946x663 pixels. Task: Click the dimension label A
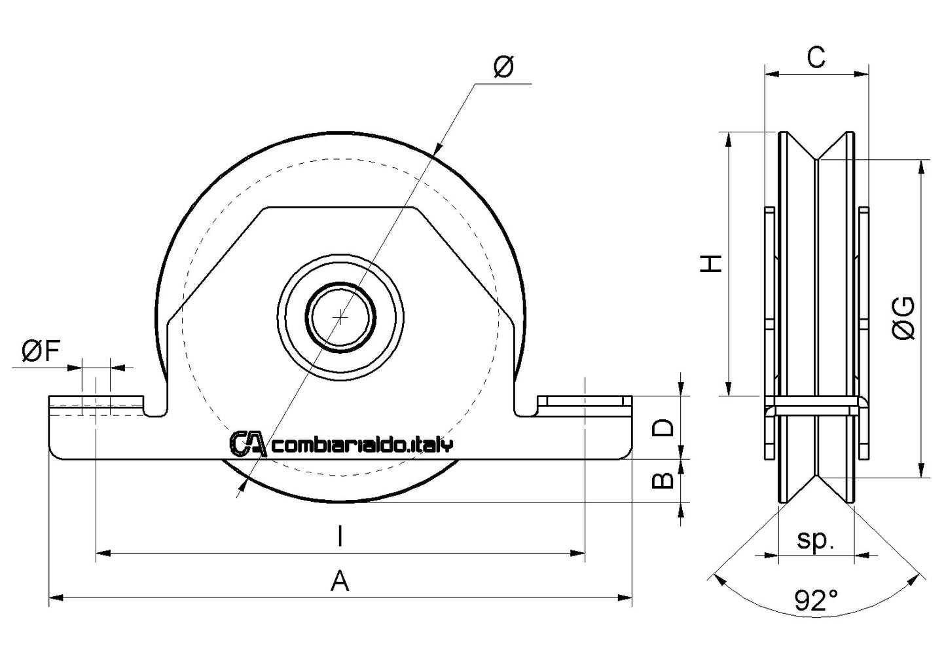(x=339, y=580)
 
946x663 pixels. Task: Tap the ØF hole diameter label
(x=41, y=352)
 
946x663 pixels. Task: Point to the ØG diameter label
(x=904, y=318)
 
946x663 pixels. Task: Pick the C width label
(x=816, y=58)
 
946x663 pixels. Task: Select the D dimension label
(x=663, y=428)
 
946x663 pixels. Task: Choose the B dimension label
(x=663, y=480)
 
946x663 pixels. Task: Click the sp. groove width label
(x=816, y=540)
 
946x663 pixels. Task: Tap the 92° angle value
(x=816, y=600)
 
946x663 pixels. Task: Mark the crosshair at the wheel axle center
(x=340, y=317)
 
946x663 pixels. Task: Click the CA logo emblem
(x=247, y=444)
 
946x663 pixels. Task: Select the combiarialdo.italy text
(x=361, y=445)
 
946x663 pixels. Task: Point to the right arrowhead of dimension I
(x=579, y=554)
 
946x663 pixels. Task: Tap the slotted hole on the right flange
(x=583, y=401)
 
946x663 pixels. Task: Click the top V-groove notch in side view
(x=816, y=157)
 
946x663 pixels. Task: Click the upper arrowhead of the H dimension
(x=727, y=138)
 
